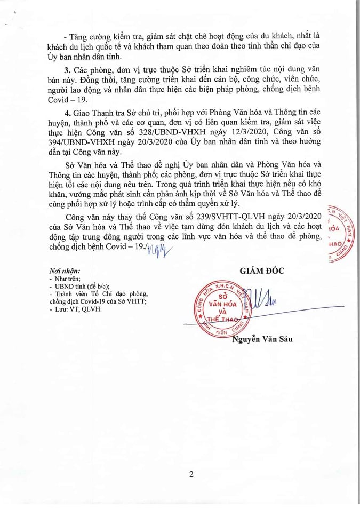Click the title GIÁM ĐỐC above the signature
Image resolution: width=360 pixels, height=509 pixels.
click(x=262, y=270)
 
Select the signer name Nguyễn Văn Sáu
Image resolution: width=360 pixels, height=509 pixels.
click(x=262, y=338)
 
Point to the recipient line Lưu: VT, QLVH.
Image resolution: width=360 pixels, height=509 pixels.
click(x=70, y=309)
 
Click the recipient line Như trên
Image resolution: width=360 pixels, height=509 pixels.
click(x=66, y=279)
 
